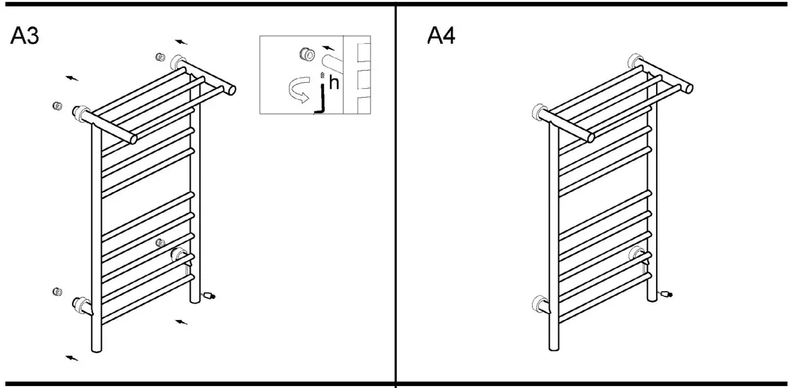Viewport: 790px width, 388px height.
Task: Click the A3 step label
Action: tap(24, 37)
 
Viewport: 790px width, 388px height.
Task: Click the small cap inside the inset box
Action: tap(306, 53)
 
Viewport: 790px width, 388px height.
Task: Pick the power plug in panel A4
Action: tap(665, 294)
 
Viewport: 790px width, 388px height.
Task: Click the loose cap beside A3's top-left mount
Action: tap(58, 106)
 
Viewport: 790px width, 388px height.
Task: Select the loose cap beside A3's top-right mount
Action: tap(160, 57)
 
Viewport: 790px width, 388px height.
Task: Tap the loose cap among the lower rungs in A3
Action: tap(160, 243)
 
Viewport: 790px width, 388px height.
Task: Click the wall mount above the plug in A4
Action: tap(635, 254)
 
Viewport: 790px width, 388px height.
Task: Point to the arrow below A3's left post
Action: tap(71, 357)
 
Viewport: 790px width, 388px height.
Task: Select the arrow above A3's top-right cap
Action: tap(180, 42)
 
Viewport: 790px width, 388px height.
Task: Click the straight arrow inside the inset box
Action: tap(328, 48)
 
